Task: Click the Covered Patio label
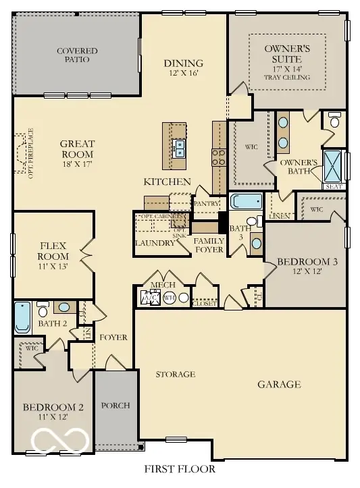pyautogui.click(x=77, y=55)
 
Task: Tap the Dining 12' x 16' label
pyautogui.click(x=183, y=67)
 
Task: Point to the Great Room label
pyautogui.click(x=78, y=148)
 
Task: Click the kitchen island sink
pyautogui.click(x=180, y=148)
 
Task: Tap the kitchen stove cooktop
pyautogui.click(x=220, y=158)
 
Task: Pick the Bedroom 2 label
pyautogui.click(x=53, y=412)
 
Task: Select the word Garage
pyautogui.click(x=279, y=385)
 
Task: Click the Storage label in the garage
pyautogui.click(x=176, y=374)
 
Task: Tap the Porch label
pyautogui.click(x=115, y=406)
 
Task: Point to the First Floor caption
pyautogui.click(x=180, y=468)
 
